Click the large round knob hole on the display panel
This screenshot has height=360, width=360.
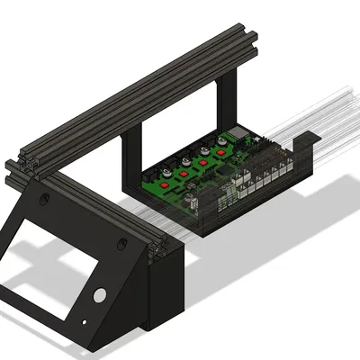[100, 295]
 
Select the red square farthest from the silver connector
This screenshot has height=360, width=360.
[168, 175]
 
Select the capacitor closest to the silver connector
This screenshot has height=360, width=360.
[219, 142]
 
